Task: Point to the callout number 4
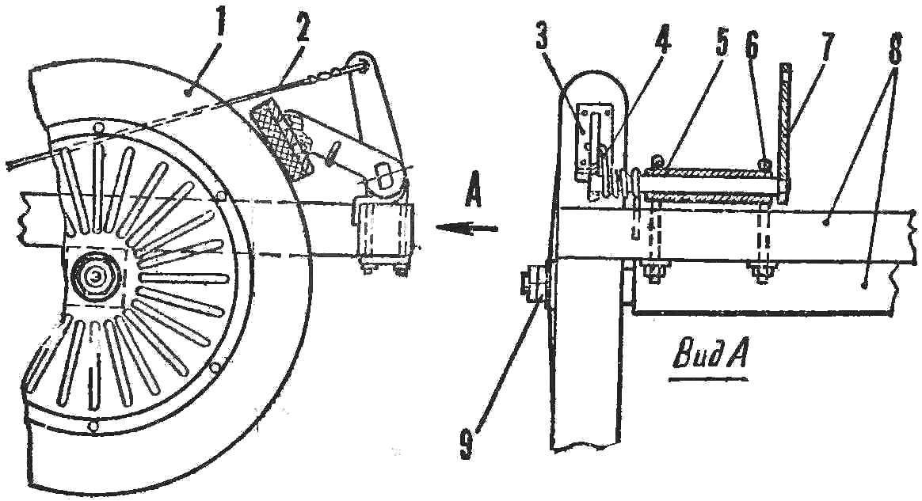(x=662, y=37)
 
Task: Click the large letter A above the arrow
(x=472, y=192)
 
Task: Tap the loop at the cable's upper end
(x=360, y=64)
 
